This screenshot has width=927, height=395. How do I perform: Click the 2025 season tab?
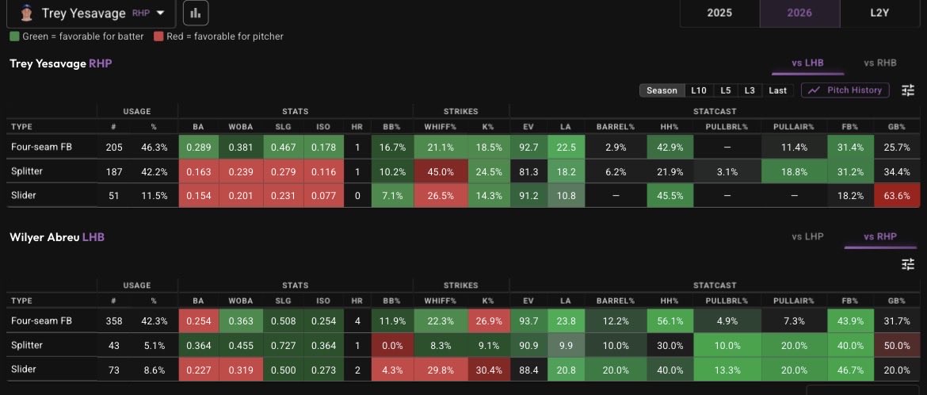719,13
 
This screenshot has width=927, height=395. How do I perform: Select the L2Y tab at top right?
879,13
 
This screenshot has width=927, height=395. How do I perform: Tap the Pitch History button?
845,90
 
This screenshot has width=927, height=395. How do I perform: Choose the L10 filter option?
698,90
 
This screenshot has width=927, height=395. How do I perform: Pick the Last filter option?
777,90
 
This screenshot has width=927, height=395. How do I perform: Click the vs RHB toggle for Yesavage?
879,63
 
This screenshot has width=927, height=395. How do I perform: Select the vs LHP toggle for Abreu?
807,236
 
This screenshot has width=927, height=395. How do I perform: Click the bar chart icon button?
196,13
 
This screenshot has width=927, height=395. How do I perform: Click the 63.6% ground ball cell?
897,196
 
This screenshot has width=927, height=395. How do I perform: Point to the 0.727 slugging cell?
283,345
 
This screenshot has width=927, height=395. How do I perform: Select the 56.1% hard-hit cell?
670,321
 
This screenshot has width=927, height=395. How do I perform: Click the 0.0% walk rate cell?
392,345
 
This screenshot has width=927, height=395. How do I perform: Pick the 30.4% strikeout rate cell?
488,370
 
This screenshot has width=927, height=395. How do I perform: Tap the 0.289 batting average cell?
198,148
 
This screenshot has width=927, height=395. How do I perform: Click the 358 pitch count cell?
113,321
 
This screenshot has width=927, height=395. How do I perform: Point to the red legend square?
158,36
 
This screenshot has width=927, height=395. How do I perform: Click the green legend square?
15,36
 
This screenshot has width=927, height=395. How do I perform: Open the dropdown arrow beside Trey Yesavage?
159,13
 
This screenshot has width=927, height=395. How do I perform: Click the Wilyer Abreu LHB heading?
57,237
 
